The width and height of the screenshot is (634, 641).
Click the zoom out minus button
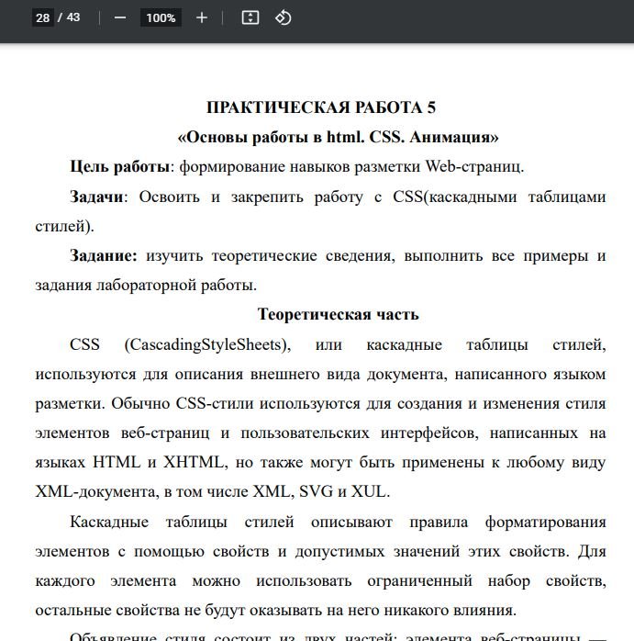tap(119, 17)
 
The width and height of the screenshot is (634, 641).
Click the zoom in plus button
tap(202, 17)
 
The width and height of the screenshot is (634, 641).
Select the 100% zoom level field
tap(161, 17)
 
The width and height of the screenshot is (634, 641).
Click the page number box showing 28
tap(42, 17)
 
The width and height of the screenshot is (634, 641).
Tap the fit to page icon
tap(250, 17)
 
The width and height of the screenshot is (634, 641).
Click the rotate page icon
tap(284, 17)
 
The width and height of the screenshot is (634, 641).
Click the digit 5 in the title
tap(431, 107)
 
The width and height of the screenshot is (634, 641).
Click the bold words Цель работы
tap(120, 167)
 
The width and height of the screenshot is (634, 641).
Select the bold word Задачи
tap(96, 197)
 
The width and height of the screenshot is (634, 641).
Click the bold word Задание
tap(104, 255)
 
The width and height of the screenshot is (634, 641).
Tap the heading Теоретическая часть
tap(338, 314)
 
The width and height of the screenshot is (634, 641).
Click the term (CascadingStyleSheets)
tap(208, 344)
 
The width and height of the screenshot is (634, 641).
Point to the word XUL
tap(372, 491)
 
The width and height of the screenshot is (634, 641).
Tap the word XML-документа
tap(94, 491)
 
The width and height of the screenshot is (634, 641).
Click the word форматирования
tap(545, 522)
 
